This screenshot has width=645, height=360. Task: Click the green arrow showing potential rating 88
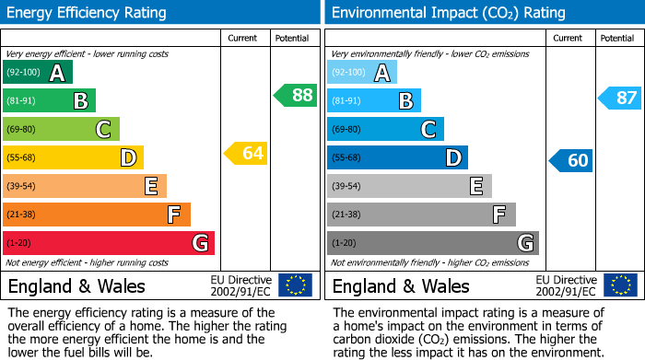pyautogui.click(x=296, y=95)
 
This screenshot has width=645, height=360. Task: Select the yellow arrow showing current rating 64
pyautogui.click(x=246, y=153)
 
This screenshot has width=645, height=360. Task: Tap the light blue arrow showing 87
pyautogui.click(x=620, y=98)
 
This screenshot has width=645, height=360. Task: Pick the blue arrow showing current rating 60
pyautogui.click(x=570, y=160)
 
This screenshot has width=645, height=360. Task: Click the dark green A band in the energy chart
pyautogui.click(x=38, y=73)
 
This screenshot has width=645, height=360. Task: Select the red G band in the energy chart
pyautogui.click(x=109, y=243)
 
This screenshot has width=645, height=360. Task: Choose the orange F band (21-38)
pyautogui.click(x=97, y=215)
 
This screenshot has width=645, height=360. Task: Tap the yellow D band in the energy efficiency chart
pyautogui.click(x=73, y=157)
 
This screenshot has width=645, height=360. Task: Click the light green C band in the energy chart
pyautogui.click(x=61, y=129)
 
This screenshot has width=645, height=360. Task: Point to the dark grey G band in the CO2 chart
pyautogui.click(x=433, y=243)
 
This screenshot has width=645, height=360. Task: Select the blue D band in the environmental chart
pyautogui.click(x=397, y=157)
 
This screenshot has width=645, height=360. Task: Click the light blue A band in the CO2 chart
pyautogui.click(x=362, y=73)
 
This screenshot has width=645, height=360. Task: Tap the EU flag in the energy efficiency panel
pyautogui.click(x=295, y=285)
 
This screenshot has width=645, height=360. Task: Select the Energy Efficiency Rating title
pyautogui.click(x=88, y=13)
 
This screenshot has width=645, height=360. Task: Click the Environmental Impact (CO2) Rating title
pyautogui.click(x=448, y=13)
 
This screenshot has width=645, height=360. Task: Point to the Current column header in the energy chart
pyautogui.click(x=243, y=38)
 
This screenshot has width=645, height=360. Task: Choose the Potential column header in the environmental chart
pyautogui.click(x=616, y=38)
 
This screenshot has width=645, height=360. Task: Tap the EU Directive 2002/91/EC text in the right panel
pyautogui.click(x=565, y=285)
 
